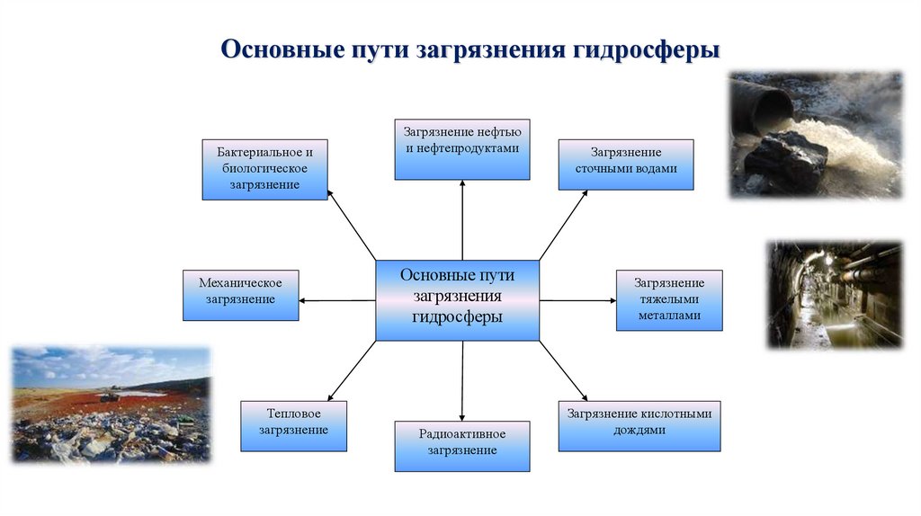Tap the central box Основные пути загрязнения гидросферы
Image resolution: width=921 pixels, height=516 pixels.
[457, 300]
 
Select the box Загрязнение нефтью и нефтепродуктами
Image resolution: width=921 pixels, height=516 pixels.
[462, 148]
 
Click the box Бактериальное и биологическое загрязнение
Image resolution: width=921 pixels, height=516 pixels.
[264, 169]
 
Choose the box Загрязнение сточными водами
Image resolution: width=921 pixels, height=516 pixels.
[626, 164]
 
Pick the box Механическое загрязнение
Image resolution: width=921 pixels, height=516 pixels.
[240, 295]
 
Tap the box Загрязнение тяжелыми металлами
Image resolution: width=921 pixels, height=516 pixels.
[668, 300]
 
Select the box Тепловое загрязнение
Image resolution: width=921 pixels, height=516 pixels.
[293, 425]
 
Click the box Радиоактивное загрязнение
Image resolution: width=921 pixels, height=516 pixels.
[462, 446]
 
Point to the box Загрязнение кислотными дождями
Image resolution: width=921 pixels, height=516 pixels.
[639, 425]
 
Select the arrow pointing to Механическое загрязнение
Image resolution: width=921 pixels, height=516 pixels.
[336, 300]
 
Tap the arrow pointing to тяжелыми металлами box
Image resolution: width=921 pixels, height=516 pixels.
[577, 300]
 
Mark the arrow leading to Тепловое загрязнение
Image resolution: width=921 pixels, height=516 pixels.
[352, 371]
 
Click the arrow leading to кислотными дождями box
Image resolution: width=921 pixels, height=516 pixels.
[564, 371]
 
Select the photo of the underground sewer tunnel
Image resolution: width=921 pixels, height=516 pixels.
[835, 294]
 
